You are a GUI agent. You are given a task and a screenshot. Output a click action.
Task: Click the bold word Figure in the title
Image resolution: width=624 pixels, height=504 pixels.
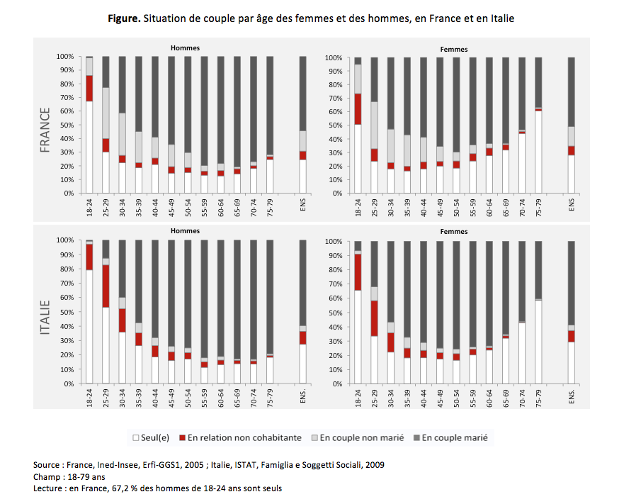click(x=125, y=19)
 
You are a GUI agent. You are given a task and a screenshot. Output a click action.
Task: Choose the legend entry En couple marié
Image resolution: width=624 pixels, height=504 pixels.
click(x=454, y=438)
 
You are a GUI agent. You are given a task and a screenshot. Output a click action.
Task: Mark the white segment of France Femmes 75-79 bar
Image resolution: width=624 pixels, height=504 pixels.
click(x=538, y=152)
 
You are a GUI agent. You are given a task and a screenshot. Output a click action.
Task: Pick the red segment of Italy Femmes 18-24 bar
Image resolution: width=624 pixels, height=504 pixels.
click(x=358, y=272)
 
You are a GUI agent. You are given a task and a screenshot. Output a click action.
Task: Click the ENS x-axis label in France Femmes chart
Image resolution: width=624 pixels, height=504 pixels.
click(x=572, y=206)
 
